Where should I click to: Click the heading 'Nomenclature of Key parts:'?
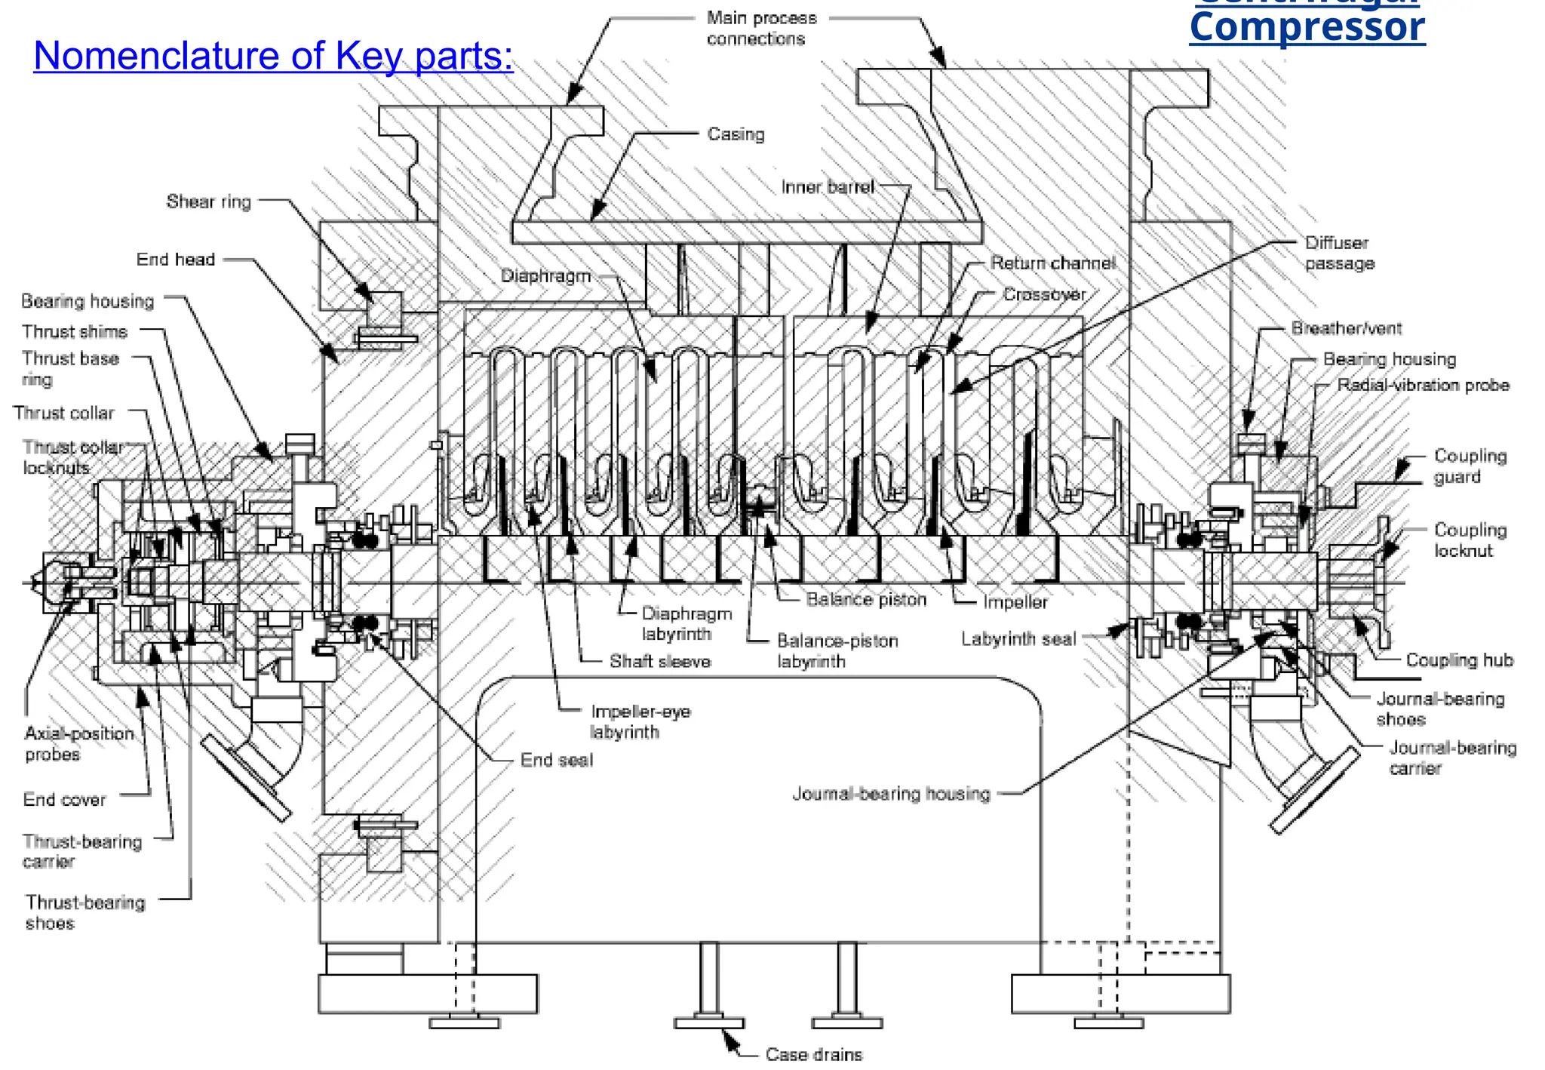tap(273, 56)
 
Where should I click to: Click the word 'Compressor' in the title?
tap(1307, 29)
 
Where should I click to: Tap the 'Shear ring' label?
tap(208, 201)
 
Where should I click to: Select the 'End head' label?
tap(175, 260)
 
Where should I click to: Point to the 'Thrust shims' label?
tap(75, 331)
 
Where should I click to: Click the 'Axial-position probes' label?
tap(78, 743)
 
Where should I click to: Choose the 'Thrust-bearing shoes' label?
tap(84, 912)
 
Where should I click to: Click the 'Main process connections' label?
tap(760, 28)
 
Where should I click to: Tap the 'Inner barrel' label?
tap(827, 187)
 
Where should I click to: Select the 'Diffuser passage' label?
tap(1340, 253)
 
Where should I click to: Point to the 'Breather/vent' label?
tap(1346, 328)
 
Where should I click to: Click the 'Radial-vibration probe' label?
tap(1423, 385)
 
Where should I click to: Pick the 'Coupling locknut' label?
tap(1470, 540)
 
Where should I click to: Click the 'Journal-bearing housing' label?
tap(890, 794)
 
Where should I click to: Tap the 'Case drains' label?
tap(813, 1054)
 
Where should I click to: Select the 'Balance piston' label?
tap(866, 600)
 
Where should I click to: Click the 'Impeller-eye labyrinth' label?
tap(640, 721)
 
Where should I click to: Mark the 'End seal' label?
tap(556, 760)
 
